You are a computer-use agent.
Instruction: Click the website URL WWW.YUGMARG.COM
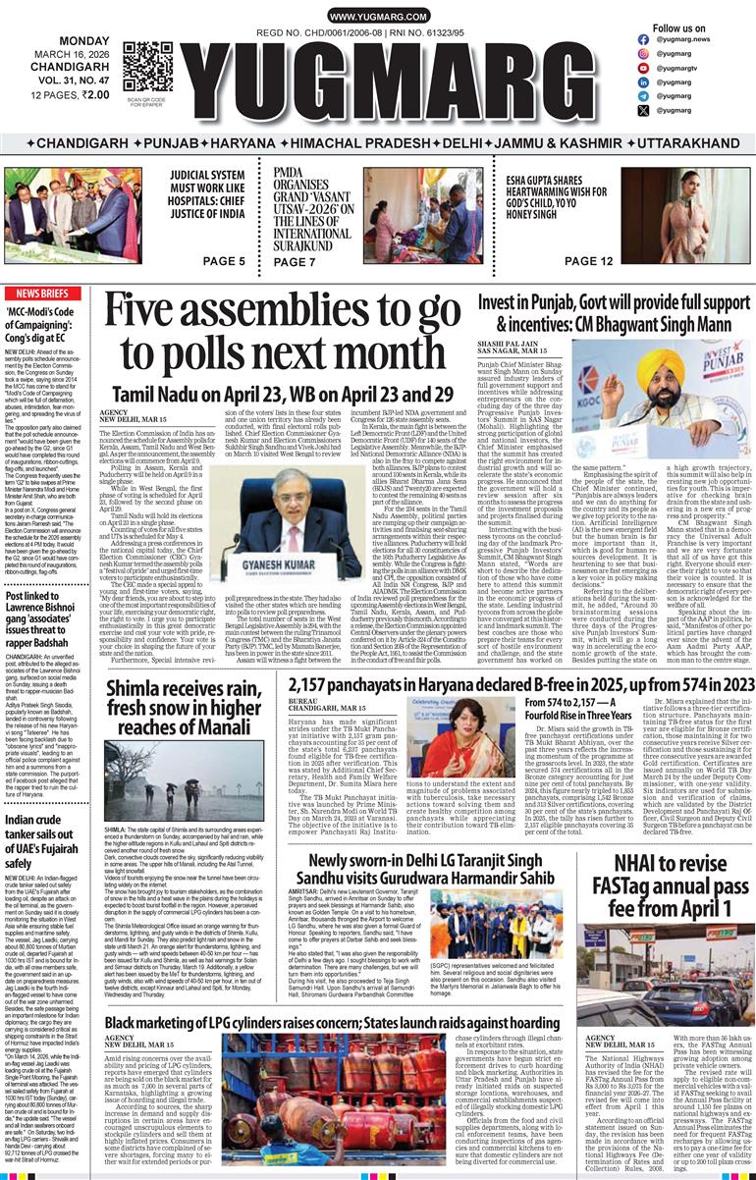point(377,17)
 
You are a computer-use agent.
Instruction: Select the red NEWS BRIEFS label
point(42,294)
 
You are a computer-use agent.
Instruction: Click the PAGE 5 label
point(223,261)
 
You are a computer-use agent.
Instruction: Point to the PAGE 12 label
point(589,261)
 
